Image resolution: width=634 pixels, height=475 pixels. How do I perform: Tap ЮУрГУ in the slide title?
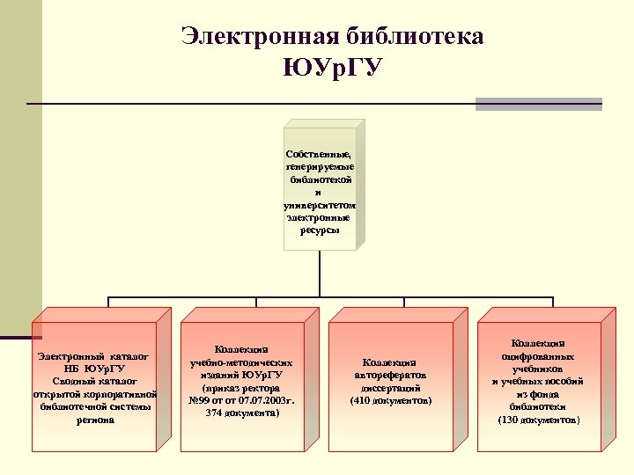point(333,67)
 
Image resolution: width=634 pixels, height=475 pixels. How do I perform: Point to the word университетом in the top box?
point(319,204)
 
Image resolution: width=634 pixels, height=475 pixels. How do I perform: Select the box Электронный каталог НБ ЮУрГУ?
point(95,387)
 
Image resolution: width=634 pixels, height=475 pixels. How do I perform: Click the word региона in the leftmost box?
point(95,420)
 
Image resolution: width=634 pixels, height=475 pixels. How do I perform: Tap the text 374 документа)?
point(242,412)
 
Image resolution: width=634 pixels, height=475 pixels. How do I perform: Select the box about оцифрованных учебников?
point(538,382)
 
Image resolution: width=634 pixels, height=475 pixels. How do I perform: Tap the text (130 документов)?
point(538,420)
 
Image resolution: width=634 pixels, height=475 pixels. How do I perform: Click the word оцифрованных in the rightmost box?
point(538,356)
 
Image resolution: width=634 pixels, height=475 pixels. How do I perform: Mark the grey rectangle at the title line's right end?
point(538,104)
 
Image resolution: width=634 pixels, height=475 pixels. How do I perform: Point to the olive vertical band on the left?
point(20,167)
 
